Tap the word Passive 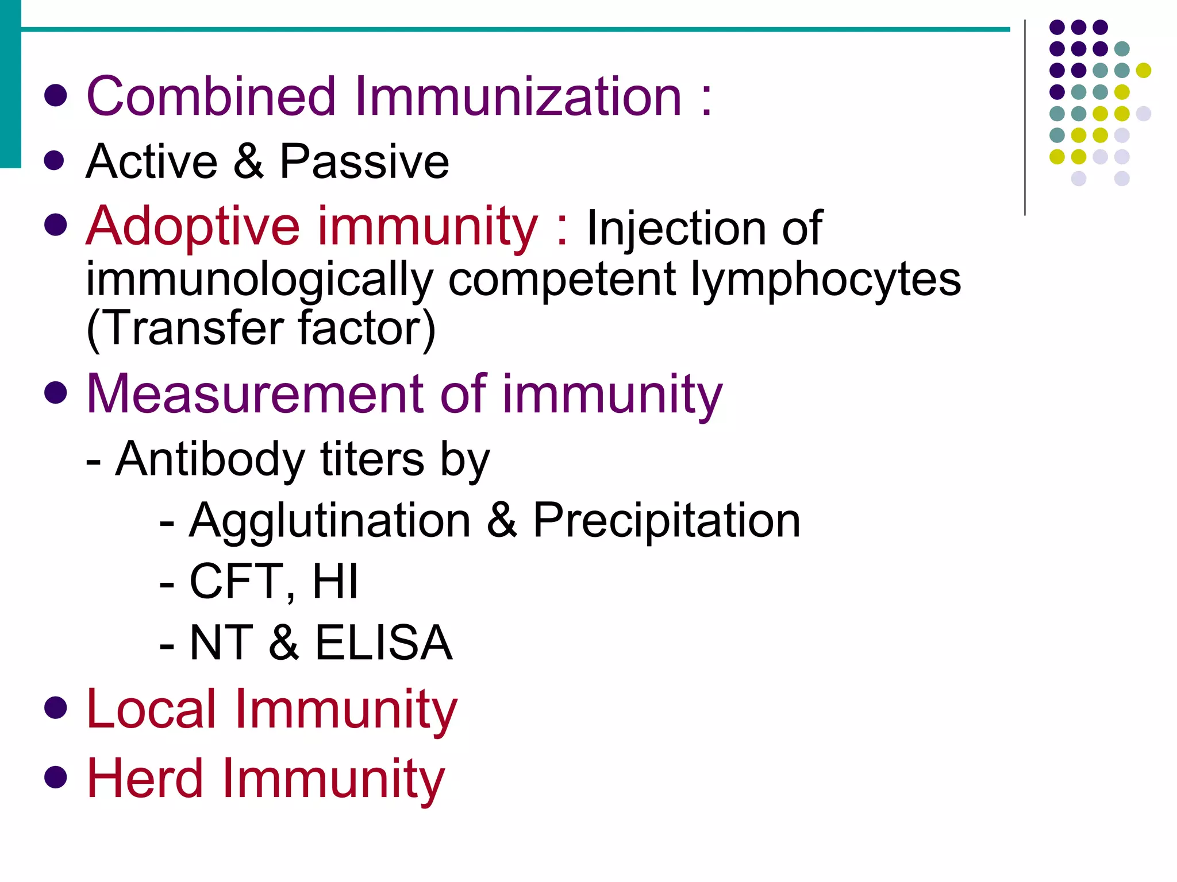coord(364,162)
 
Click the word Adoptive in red coord(193,227)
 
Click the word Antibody coord(210,459)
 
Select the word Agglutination coord(330,520)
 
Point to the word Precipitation coord(667,520)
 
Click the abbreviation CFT coord(235,581)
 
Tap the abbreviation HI coord(335,581)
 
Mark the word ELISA coord(383,643)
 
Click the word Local coord(151,710)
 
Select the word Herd coord(145,779)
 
